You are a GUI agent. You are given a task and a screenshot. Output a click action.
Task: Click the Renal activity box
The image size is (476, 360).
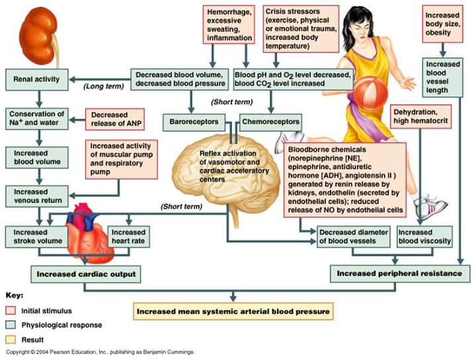tap(37, 79)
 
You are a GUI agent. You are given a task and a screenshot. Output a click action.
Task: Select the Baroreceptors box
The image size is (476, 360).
tap(194, 122)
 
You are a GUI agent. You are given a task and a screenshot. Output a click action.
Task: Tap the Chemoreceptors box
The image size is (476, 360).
tap(270, 122)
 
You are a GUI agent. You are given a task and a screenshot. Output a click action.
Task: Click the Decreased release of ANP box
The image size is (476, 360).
tap(115, 119)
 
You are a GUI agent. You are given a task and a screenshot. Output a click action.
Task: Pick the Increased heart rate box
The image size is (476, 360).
tap(129, 236)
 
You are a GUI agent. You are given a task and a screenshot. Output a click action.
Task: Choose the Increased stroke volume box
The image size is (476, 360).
tap(37, 236)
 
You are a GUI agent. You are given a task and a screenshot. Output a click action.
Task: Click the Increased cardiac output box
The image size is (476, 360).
tap(86, 275)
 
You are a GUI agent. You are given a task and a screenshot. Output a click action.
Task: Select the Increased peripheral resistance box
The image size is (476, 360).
tap(400, 273)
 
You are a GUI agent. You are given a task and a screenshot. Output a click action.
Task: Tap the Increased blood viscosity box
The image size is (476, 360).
tap(424, 236)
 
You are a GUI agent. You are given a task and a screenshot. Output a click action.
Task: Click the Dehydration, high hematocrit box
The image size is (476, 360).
tap(420, 116)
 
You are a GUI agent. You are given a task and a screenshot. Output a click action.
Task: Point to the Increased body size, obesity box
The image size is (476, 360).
tap(442, 24)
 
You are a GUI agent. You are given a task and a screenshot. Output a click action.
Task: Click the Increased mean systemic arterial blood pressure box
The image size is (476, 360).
tap(233, 312)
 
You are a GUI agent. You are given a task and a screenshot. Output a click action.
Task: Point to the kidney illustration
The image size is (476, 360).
tap(40, 36)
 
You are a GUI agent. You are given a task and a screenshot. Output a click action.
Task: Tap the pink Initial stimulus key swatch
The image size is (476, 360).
tap(11, 310)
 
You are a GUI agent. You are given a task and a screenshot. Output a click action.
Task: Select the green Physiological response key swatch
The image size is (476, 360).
tap(11, 325)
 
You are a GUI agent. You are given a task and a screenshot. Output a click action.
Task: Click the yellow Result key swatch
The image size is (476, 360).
tap(11, 340)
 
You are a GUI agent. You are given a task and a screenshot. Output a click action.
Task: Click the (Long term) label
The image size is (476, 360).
tap(104, 87)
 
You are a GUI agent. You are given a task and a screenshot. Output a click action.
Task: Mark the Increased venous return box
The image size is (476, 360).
tap(37, 197)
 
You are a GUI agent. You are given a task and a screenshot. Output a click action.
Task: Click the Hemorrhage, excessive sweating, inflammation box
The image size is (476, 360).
tap(229, 25)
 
